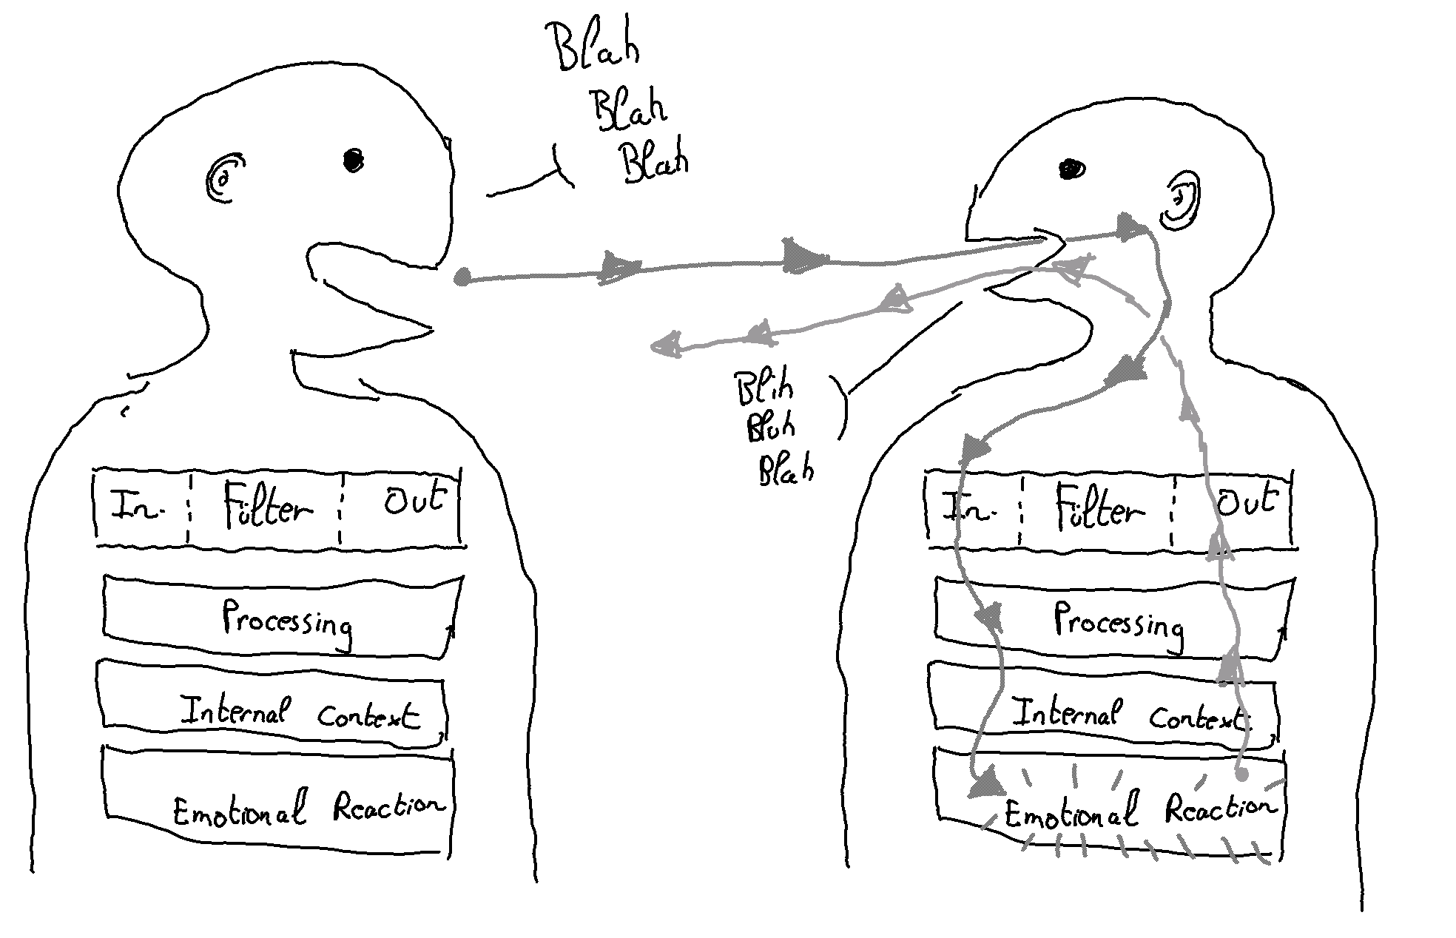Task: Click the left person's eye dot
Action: pos(354,159)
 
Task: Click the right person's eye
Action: pos(1072,170)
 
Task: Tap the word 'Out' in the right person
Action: pos(1248,502)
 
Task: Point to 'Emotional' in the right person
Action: pos(1071,813)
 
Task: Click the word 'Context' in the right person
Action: pos(1197,716)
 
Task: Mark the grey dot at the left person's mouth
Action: pos(462,277)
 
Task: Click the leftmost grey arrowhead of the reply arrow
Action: pos(665,345)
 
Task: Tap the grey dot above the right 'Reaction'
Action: pos(1242,774)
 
